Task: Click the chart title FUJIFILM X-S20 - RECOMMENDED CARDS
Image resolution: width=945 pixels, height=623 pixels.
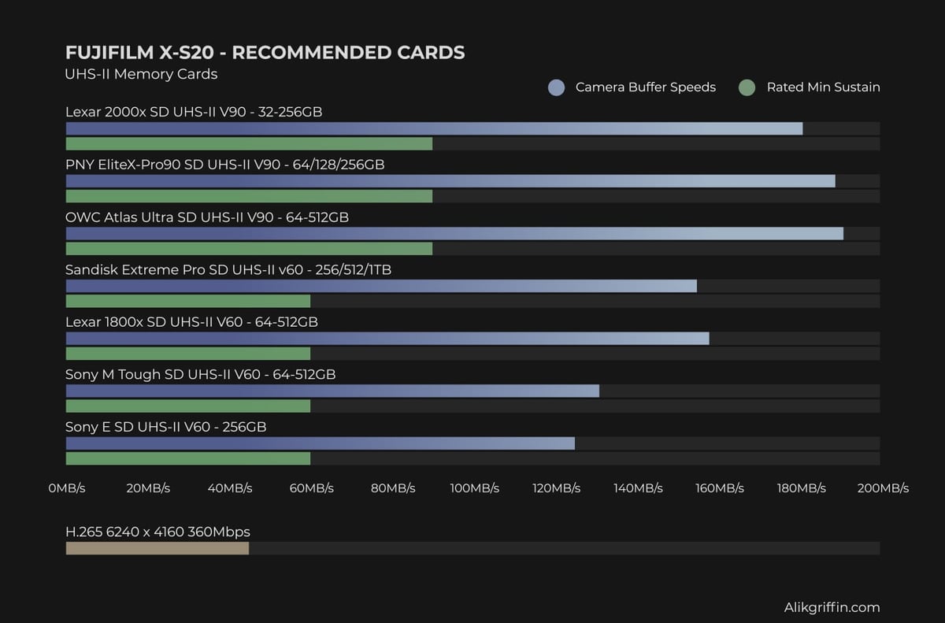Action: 265,53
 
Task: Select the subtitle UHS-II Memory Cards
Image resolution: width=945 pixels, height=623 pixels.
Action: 141,74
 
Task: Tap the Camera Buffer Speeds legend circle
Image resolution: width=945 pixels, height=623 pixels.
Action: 557,87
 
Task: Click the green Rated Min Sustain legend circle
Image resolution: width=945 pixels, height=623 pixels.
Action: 747,87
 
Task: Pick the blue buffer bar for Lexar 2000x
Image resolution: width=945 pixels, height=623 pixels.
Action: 434,128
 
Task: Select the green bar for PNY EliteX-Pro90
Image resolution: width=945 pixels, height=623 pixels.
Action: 249,196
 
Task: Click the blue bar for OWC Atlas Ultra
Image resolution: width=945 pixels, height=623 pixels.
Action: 454,233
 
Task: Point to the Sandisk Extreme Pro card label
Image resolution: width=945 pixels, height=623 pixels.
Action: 228,269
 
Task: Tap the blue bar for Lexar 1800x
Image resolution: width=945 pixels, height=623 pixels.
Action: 387,339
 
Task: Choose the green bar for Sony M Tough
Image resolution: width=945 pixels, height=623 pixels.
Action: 188,406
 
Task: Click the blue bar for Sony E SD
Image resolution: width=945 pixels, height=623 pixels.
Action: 320,443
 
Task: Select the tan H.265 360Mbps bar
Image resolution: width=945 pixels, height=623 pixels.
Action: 157,548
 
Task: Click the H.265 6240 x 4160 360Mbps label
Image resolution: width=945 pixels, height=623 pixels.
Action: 157,532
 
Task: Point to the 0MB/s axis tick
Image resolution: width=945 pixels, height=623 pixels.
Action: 66,488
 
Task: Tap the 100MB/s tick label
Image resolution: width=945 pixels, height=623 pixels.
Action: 474,488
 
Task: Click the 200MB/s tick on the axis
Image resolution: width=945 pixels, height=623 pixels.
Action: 882,488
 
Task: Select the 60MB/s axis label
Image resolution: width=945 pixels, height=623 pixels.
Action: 311,488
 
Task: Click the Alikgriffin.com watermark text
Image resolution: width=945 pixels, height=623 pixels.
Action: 832,607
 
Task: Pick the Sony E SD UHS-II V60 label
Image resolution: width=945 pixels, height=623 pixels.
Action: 165,427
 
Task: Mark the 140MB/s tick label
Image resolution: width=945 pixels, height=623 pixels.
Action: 638,488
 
